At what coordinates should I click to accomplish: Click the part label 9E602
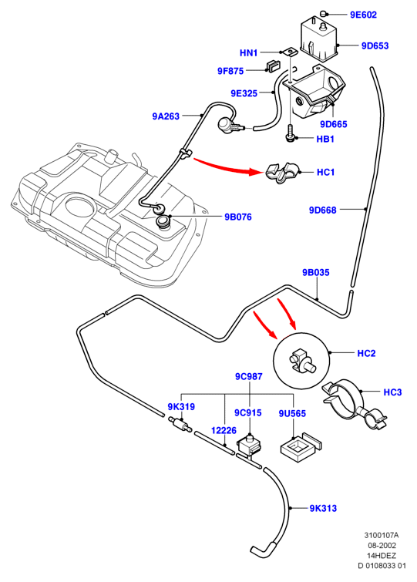[x=363, y=15]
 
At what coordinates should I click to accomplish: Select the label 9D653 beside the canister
[x=375, y=46]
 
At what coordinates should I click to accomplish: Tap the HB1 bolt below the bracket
[x=289, y=133]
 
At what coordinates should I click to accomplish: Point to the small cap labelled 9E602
[x=324, y=14]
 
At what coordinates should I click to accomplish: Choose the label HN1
[x=248, y=53]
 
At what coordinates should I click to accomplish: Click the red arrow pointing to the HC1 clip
[x=228, y=167]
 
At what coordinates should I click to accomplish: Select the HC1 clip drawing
[x=281, y=173]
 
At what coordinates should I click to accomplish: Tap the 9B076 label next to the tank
[x=238, y=217]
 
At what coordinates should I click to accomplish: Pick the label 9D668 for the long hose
[x=323, y=210]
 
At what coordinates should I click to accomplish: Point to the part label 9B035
[x=316, y=272]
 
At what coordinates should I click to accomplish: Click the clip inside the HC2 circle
[x=301, y=361]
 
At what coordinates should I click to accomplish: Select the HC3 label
[x=392, y=392]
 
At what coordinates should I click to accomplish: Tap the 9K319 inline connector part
[x=180, y=424]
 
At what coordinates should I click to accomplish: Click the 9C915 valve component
[x=248, y=445]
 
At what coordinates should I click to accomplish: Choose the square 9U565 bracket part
[x=301, y=446]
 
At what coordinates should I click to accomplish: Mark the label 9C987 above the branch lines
[x=248, y=376]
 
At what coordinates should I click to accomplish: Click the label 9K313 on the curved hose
[x=323, y=508]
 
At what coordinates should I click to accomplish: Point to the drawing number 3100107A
[x=382, y=535]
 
